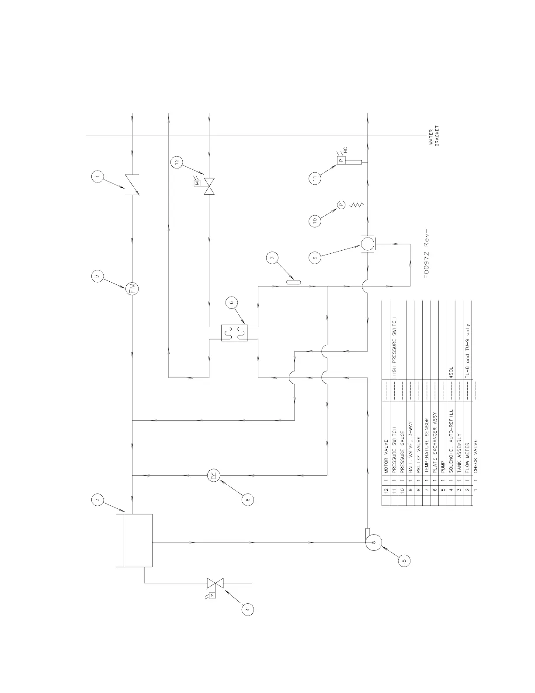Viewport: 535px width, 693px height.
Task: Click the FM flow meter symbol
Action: (132, 288)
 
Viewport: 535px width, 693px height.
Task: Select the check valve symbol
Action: (132, 185)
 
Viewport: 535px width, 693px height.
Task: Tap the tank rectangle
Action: (138, 540)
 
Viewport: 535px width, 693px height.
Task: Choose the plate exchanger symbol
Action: (234, 332)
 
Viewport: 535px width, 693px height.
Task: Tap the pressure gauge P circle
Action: (341, 204)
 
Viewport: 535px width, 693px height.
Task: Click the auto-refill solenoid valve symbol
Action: (215, 583)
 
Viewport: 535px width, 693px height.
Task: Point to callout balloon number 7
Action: (272, 259)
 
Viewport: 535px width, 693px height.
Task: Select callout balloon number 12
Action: (177, 161)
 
